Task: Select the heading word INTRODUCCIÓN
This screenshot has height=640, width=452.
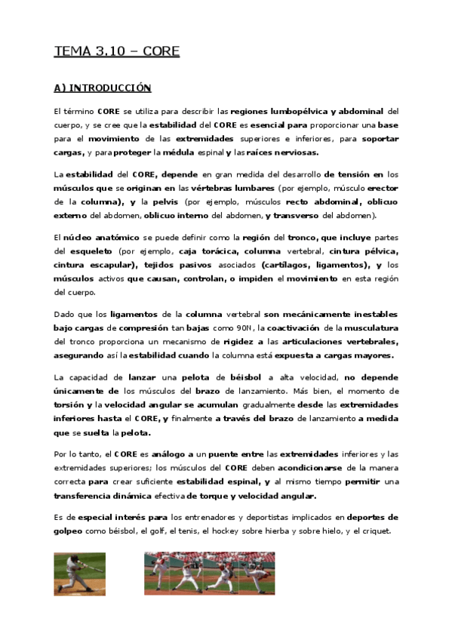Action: coord(110,88)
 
